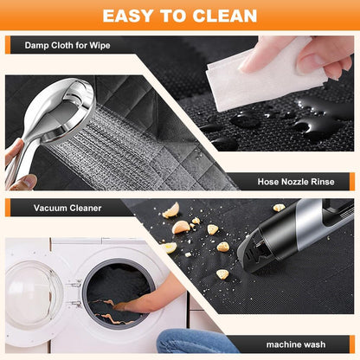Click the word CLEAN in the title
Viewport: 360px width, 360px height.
tap(225, 16)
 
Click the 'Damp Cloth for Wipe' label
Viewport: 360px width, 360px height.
tap(67, 45)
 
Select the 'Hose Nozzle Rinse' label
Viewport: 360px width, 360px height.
tap(296, 182)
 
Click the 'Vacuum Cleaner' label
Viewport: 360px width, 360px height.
tap(67, 208)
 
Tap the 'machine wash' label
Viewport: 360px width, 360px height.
tap(296, 344)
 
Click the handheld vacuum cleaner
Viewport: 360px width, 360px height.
tap(294, 234)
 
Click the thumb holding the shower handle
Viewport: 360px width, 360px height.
tap(23, 183)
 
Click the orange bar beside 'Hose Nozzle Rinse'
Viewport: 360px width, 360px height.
tap(352, 182)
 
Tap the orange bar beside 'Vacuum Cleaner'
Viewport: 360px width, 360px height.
tap(8, 208)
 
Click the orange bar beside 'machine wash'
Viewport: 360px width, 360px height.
tap(352, 344)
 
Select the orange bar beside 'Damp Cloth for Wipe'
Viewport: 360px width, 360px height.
tap(8, 45)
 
